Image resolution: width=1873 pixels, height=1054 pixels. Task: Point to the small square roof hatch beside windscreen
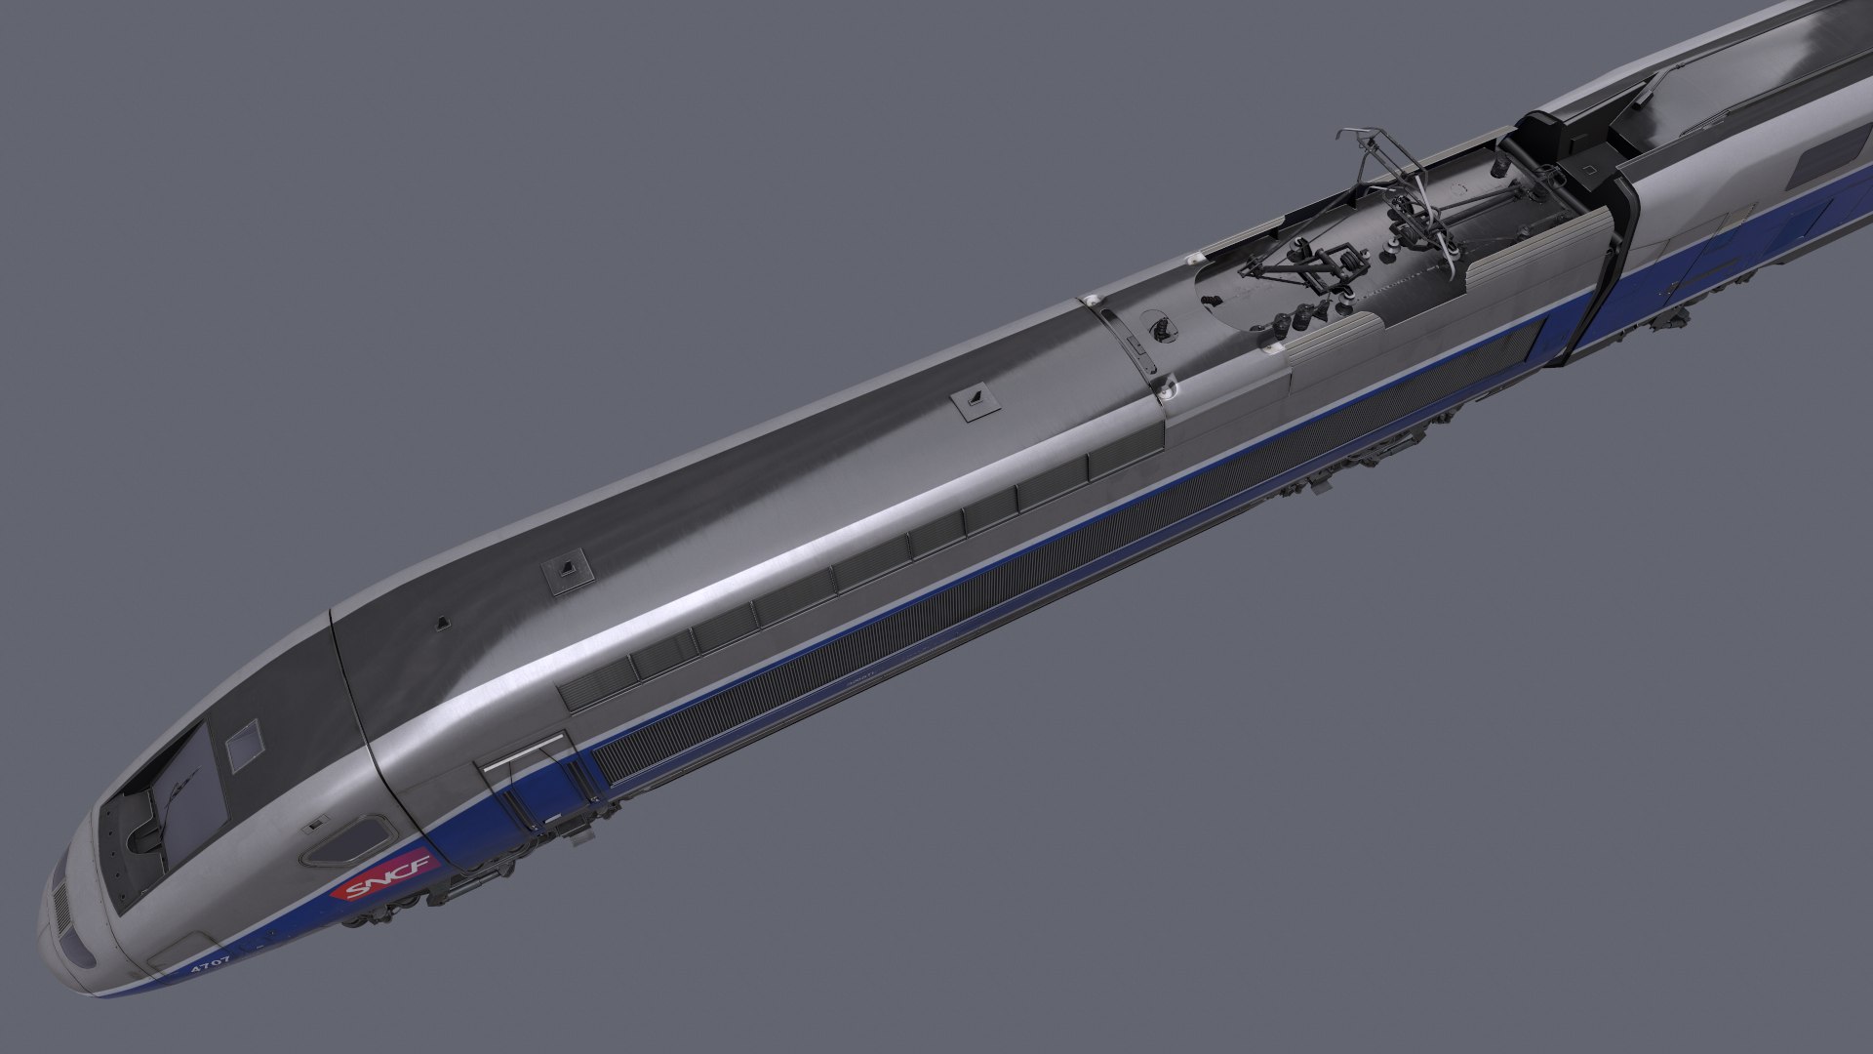click(244, 745)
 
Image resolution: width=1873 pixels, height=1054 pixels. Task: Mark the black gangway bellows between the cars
click(1600, 263)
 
